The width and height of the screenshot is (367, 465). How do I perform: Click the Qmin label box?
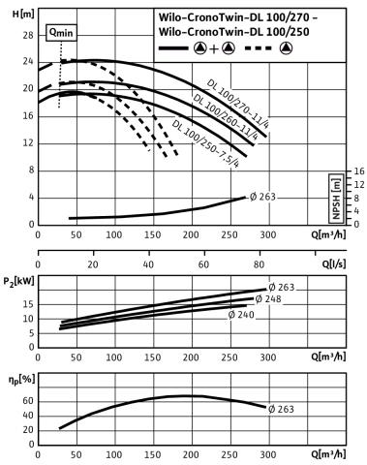[x=61, y=33]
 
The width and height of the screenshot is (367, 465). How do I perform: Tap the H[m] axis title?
[x=23, y=14]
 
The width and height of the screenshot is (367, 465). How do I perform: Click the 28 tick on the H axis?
[x=28, y=35]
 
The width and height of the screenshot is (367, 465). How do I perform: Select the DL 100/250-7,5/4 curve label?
[x=205, y=143]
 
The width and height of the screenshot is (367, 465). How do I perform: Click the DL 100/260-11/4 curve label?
[x=226, y=117]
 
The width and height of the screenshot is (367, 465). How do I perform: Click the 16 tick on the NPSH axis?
[x=359, y=171]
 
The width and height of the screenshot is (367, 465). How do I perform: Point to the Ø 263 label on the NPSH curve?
[x=262, y=197]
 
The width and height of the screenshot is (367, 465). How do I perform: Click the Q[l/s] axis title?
[x=334, y=263]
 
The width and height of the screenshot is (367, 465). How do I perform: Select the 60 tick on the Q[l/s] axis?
[x=203, y=264]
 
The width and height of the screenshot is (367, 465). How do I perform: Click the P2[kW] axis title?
[x=18, y=282]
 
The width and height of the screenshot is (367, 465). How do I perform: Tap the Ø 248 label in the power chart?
[x=268, y=299]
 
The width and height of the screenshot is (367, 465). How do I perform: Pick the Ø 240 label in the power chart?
[x=241, y=315]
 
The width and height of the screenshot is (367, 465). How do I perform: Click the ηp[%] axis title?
[x=21, y=380]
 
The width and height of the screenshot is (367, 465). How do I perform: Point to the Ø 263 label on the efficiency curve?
[x=281, y=409]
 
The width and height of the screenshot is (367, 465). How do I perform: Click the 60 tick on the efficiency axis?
[x=28, y=401]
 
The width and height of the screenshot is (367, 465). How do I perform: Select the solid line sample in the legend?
[x=173, y=48]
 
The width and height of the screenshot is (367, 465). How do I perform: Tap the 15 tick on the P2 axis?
[x=29, y=304]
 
